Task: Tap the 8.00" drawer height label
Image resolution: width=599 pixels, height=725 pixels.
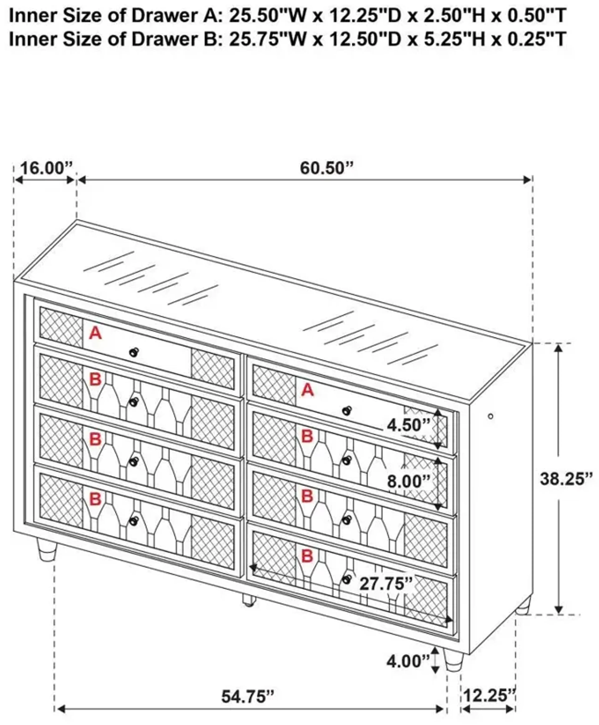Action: (409, 481)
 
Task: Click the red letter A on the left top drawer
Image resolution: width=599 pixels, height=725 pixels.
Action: (95, 333)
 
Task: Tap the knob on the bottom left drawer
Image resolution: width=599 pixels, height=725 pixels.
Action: (134, 521)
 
